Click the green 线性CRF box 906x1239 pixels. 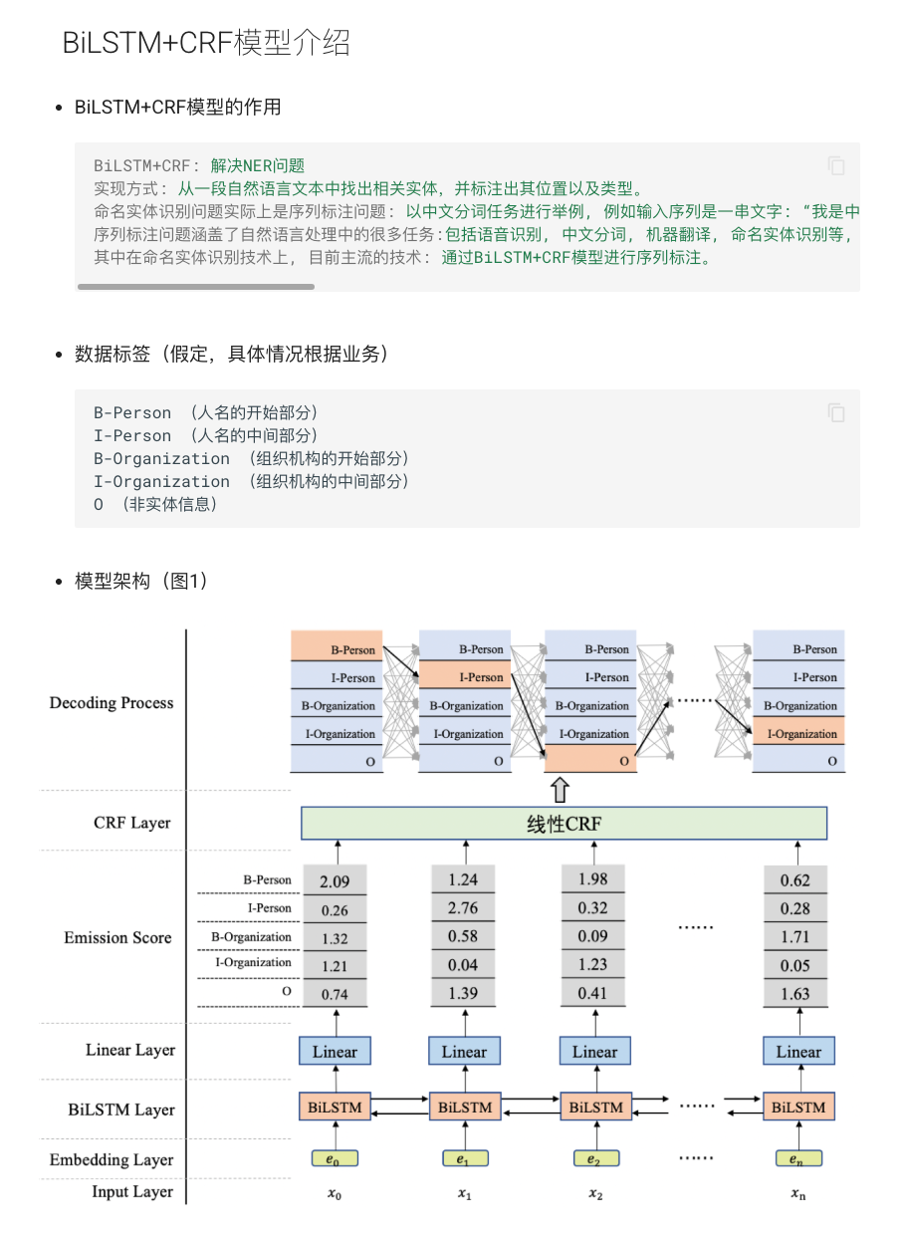[565, 824]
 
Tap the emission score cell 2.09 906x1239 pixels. [335, 881]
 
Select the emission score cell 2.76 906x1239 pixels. [463, 908]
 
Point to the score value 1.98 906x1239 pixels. [592, 878]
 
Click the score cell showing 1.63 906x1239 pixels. [795, 994]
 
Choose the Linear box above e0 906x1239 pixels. [335, 1052]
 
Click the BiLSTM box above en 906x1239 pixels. [798, 1108]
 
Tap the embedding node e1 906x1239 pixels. [463, 1159]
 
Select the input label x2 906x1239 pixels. [594, 1193]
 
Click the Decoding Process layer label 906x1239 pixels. [112, 703]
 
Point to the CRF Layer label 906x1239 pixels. [132, 824]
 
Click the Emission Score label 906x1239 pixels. [117, 938]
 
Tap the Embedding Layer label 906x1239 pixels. [112, 1160]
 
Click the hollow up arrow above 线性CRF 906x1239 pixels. [560, 791]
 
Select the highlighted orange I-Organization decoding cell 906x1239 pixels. [798, 734]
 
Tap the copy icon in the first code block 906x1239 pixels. [836, 165]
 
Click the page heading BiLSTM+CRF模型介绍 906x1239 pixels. [206, 43]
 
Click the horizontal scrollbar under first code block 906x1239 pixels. [196, 287]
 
